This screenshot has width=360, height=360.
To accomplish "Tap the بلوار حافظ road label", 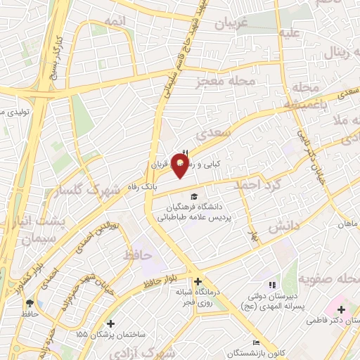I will coord(164,281).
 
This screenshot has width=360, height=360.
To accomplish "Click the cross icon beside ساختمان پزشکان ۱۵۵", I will coord(110,323).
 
